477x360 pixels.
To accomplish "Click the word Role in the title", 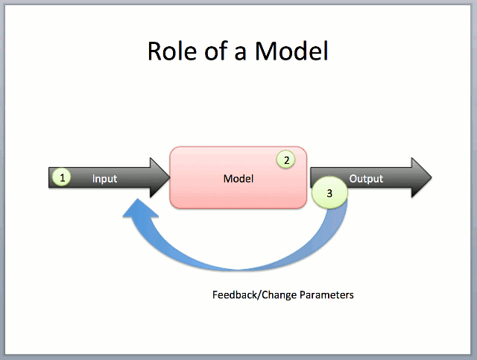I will tap(170, 51).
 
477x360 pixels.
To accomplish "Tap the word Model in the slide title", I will tap(291, 51).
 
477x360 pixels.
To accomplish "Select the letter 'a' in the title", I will tap(241, 52).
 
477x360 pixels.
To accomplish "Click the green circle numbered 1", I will tap(63, 177).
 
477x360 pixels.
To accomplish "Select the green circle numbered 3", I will tap(329, 192).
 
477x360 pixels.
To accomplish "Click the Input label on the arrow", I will tap(105, 179).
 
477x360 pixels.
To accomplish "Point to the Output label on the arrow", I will tap(366, 179).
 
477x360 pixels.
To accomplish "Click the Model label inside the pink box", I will tap(238, 179).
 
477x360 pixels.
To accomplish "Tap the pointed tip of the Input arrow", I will tap(168, 177).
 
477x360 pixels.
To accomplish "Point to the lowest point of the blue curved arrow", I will tap(238, 269).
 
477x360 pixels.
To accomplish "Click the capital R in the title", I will tap(156, 51).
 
